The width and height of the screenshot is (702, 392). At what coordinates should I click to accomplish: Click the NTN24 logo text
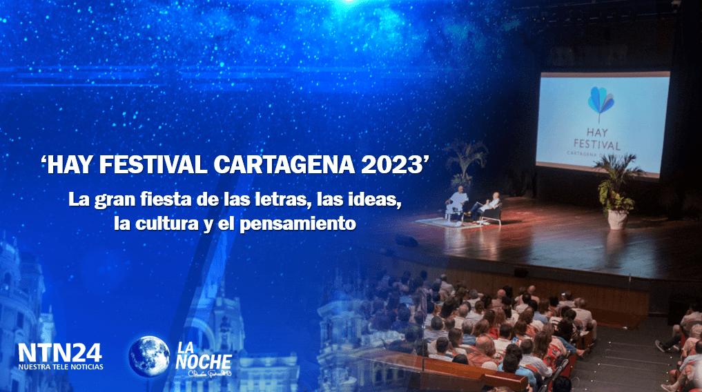tap(60, 353)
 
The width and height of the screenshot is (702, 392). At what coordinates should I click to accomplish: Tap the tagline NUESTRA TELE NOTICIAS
tap(61, 366)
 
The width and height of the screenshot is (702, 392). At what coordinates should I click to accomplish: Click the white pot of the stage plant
tap(617, 219)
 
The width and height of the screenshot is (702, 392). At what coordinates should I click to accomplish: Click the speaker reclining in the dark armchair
tap(488, 205)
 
